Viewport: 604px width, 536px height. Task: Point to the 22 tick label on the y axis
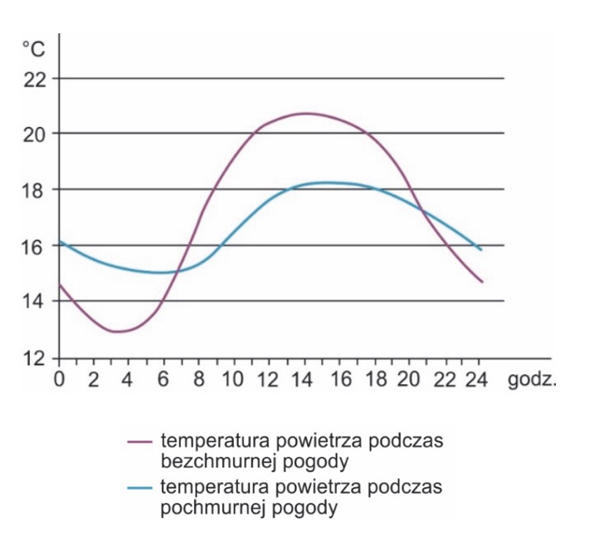tap(34, 79)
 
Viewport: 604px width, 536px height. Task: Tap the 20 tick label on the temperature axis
tap(34, 134)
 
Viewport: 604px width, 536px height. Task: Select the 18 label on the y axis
tap(34, 190)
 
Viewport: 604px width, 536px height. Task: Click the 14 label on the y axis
tap(34, 301)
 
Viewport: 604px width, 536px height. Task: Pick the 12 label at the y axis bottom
tap(34, 358)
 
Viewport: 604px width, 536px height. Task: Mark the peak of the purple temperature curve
tap(304, 113)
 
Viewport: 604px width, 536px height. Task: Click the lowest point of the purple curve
tap(117, 332)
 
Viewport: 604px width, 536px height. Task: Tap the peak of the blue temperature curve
tap(327, 182)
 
